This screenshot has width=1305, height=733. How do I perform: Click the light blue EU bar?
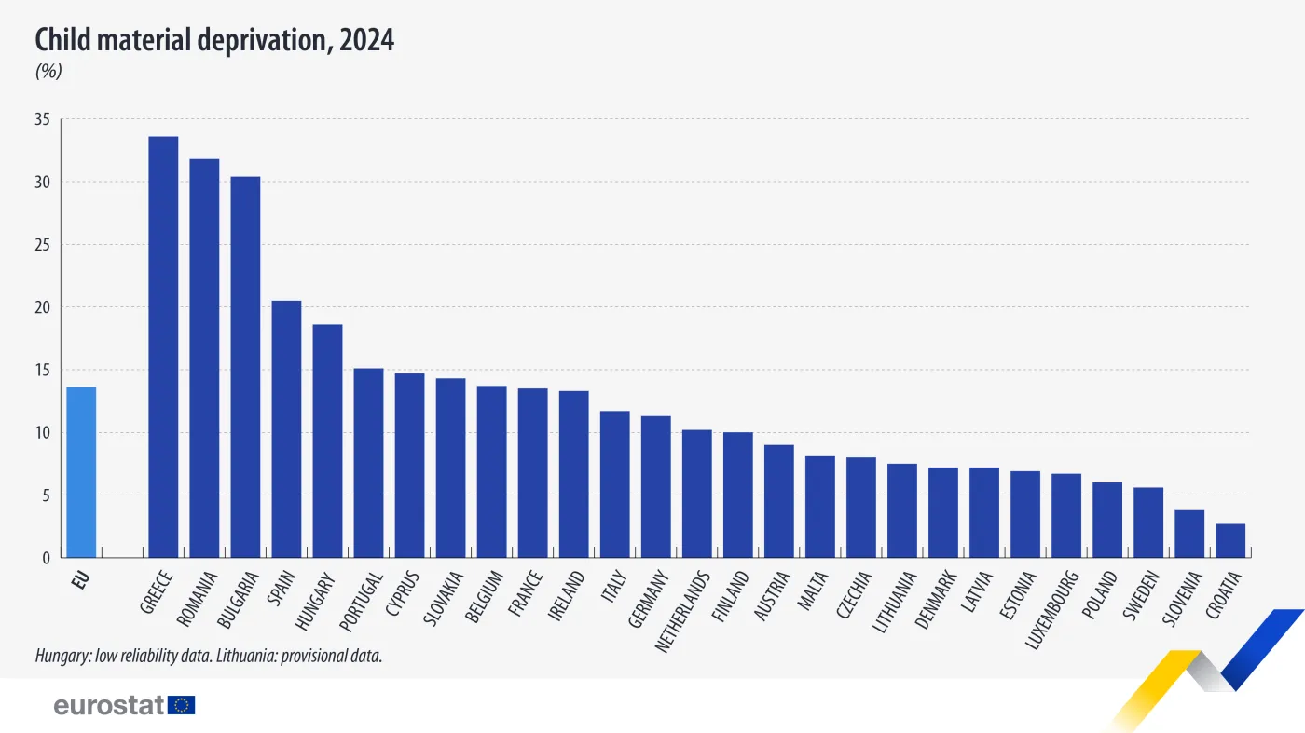81,472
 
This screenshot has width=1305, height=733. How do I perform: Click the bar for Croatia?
1230,541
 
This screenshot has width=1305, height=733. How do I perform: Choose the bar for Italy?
615,484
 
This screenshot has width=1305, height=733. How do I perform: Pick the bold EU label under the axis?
80,581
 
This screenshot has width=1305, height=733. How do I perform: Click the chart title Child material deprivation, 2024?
214,40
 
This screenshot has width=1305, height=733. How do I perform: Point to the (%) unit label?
48,72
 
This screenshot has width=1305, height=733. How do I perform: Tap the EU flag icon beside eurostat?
182,705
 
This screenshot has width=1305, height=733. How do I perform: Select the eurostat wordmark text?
109,705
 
